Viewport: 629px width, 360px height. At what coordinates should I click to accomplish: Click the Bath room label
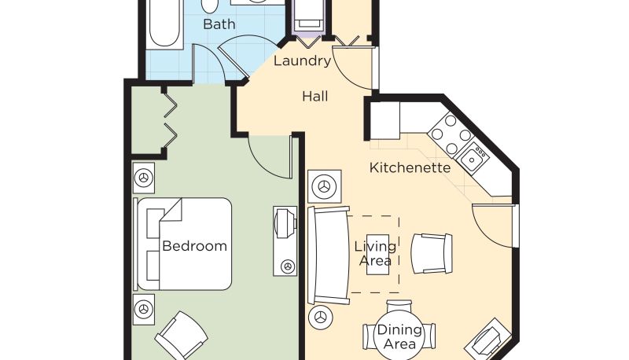point(219,24)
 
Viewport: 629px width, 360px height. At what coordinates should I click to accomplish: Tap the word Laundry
point(302,61)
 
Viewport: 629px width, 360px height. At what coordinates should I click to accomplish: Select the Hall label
point(315,96)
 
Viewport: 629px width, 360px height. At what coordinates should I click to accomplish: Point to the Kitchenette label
point(410,167)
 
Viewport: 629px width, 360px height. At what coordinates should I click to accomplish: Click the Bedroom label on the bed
point(194,246)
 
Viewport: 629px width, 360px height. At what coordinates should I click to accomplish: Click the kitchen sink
point(473,158)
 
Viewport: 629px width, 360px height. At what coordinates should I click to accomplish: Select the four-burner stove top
point(451,134)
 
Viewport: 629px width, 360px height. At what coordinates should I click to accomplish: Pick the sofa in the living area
point(329,255)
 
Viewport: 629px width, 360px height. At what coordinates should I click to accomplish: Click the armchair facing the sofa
point(432,254)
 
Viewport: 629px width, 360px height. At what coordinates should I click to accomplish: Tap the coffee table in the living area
point(378,255)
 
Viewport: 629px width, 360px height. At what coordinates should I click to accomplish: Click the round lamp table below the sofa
point(320,318)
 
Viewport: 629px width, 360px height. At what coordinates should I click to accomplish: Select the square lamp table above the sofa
point(325,186)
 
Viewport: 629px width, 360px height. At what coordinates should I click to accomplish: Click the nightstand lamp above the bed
point(144,178)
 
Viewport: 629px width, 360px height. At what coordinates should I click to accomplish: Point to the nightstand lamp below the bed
point(144,310)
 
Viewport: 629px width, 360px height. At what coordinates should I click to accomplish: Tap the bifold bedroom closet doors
point(171,119)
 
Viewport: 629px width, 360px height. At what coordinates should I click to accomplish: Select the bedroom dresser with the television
point(285,241)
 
